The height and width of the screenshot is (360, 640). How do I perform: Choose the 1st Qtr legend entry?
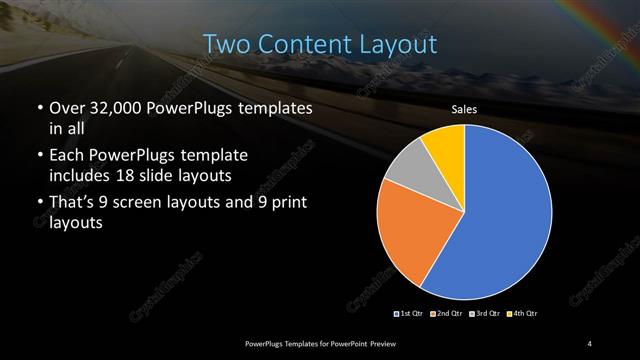410,313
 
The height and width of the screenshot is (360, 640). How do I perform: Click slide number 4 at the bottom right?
590,343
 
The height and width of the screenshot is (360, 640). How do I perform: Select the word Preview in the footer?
393,343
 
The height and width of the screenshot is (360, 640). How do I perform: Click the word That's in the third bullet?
74,204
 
